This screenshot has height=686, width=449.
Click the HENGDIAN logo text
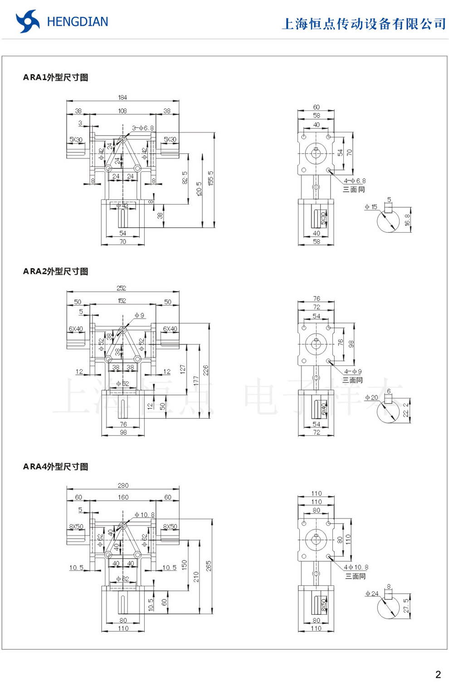pos(78,22)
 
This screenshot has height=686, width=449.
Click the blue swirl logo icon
pos(27,21)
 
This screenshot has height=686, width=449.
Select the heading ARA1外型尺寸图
pos(55,78)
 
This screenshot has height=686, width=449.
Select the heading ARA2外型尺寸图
pos(55,272)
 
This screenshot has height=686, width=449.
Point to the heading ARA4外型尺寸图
pos(55,467)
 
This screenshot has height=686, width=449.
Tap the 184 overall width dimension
pos(122,97)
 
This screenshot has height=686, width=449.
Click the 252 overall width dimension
pos(121,288)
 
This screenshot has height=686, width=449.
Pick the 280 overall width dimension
pos(123,485)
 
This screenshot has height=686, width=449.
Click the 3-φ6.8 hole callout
pos(143,128)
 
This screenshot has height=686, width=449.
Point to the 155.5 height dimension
pos(211,178)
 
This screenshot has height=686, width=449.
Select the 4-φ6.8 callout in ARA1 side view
pos(355,181)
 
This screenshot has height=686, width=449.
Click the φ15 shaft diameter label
pos(371,207)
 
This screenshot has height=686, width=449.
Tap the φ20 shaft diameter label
pos(371,398)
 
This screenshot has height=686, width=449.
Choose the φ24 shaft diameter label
pos(372,594)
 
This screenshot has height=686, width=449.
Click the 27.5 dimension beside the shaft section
pos(406,606)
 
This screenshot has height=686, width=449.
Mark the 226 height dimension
pos(206,370)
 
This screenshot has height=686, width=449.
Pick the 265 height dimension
pos(209,566)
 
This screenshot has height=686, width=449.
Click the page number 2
pos(438,674)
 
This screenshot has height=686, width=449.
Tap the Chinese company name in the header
pos(364,24)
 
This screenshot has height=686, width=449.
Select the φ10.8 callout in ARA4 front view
pos(145,515)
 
